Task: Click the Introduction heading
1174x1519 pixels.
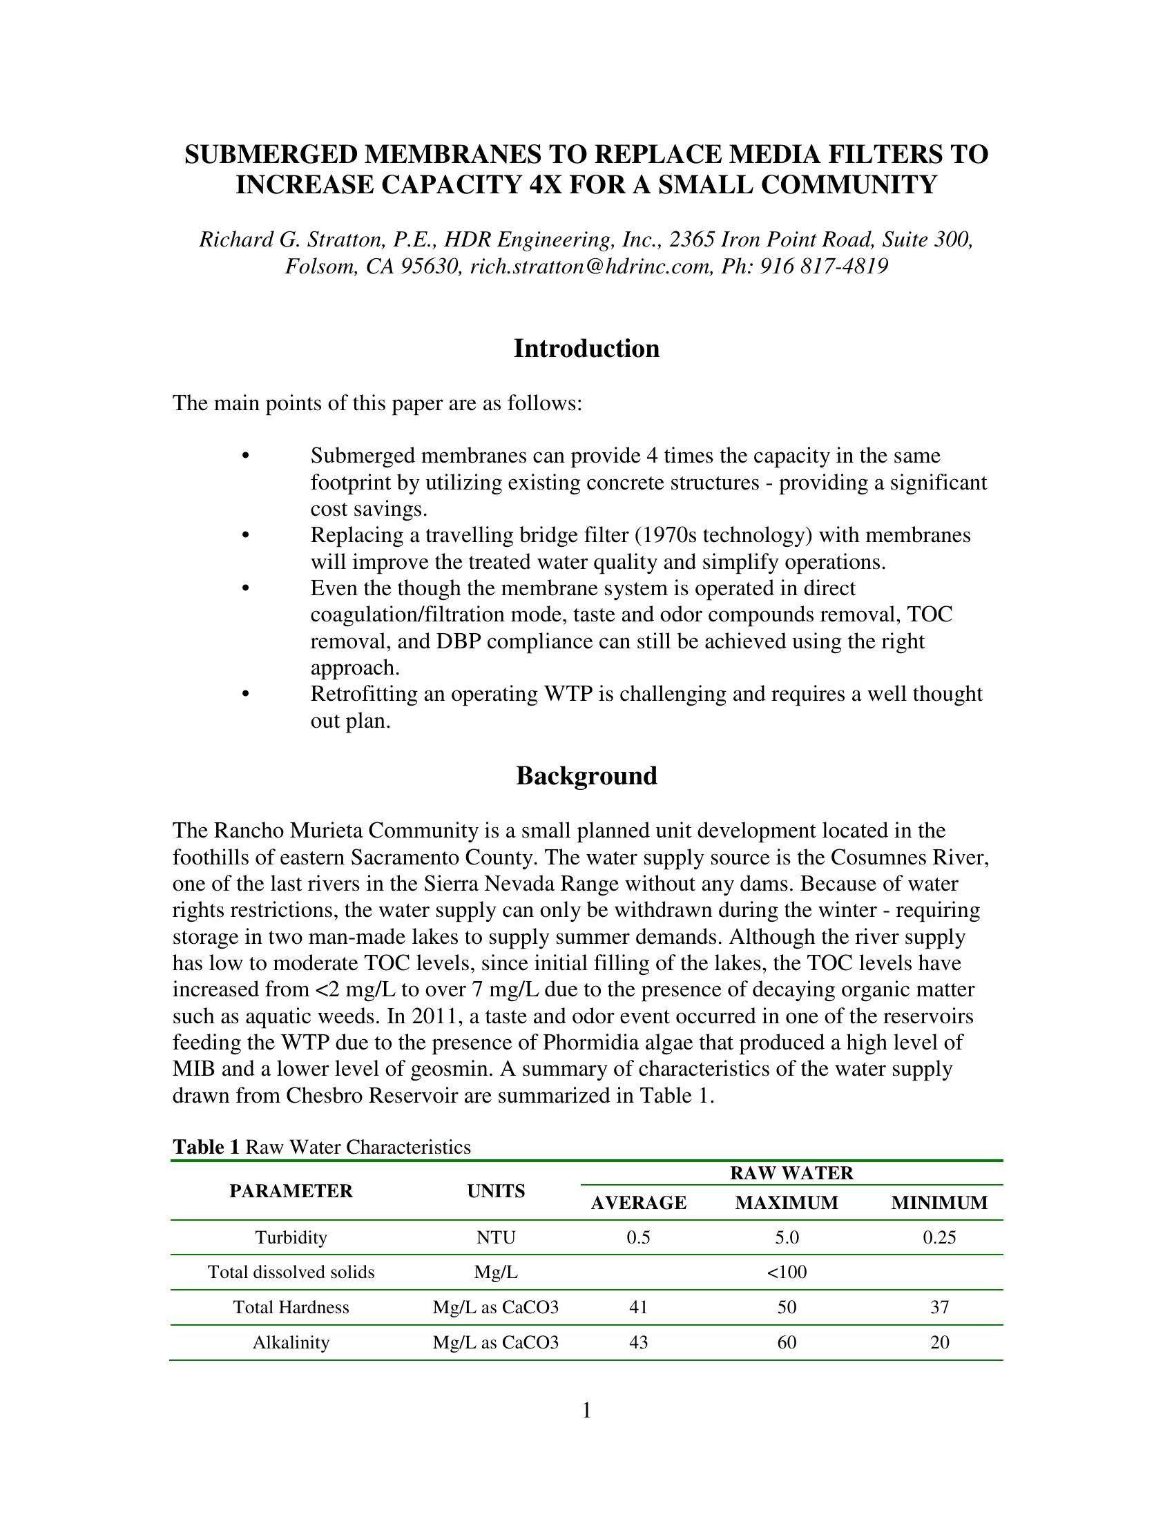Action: [x=586, y=349]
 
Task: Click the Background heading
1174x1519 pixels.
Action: [x=586, y=775]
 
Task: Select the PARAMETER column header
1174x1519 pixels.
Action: [x=291, y=1191]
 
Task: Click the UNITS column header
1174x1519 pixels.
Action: [x=496, y=1191]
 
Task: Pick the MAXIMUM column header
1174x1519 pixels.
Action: [x=787, y=1203]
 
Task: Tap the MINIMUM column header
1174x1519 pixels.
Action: [x=939, y=1203]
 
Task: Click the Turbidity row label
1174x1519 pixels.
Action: [x=291, y=1237]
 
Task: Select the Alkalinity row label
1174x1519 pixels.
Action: [x=291, y=1342]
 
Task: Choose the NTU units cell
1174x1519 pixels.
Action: [x=496, y=1237]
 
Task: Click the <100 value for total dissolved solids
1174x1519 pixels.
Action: [x=787, y=1272]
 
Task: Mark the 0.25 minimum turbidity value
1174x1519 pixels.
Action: [x=939, y=1237]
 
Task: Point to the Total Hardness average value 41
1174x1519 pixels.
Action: [x=639, y=1307]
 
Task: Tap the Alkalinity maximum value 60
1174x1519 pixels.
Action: [x=787, y=1342]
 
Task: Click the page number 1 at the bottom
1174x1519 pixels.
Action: [x=586, y=1411]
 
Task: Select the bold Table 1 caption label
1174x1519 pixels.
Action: [x=206, y=1147]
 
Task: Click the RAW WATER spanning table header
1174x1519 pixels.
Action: [x=791, y=1172]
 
